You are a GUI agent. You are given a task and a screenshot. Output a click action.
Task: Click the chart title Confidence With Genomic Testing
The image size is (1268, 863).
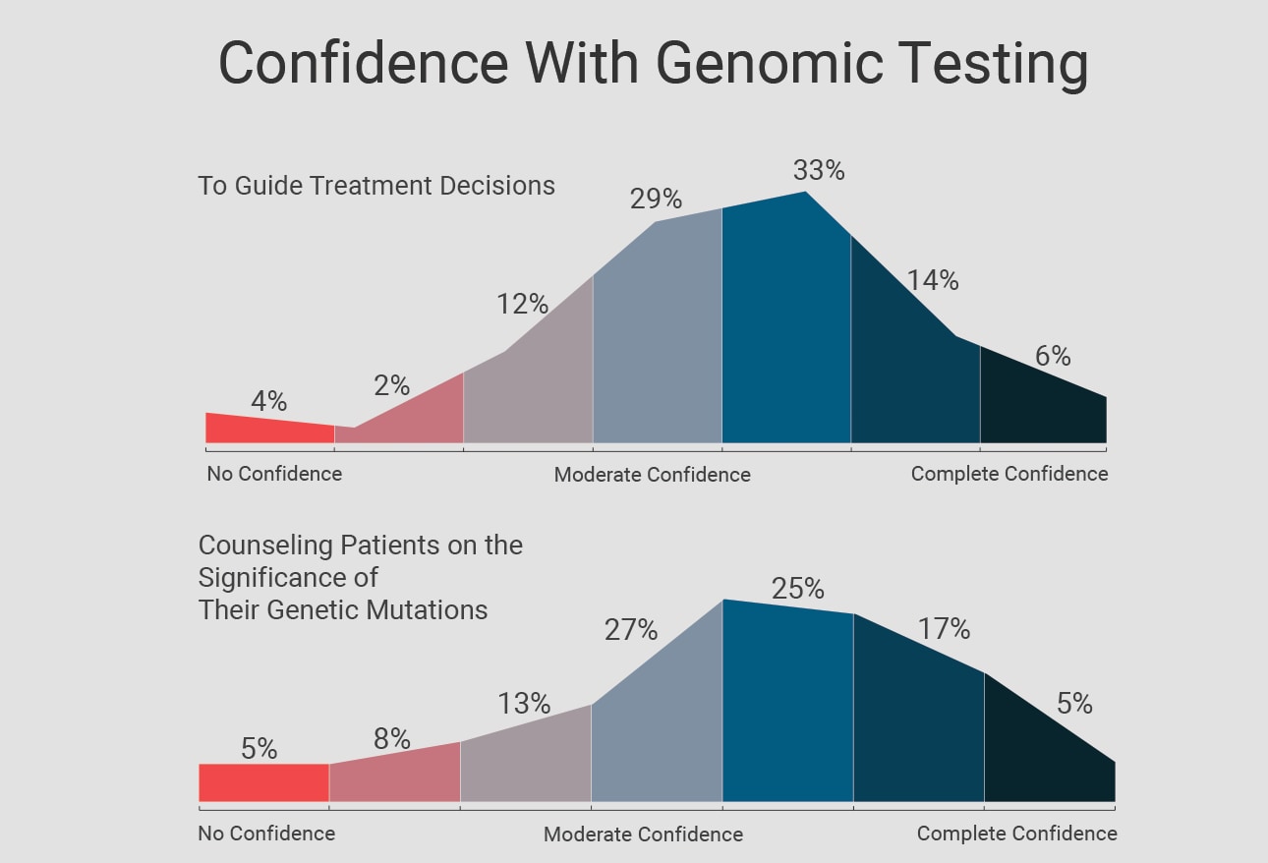653,64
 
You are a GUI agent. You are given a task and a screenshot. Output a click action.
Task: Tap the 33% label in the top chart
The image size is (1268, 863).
819,171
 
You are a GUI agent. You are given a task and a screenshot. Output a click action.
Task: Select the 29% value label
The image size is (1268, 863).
656,200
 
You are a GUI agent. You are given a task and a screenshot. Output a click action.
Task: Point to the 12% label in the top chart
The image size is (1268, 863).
522,304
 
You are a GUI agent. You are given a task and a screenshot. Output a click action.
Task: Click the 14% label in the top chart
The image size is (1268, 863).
932,280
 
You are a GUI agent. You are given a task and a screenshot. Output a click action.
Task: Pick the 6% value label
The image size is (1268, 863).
1053,356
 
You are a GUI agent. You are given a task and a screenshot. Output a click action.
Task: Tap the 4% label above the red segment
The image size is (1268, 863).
268,401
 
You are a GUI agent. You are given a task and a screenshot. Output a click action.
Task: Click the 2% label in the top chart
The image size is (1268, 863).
391,386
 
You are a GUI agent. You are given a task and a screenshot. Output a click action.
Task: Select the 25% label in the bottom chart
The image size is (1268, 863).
797,589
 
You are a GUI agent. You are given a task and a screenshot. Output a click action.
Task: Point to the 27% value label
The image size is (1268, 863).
630,630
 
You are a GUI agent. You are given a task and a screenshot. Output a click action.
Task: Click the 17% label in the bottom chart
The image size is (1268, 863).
944,629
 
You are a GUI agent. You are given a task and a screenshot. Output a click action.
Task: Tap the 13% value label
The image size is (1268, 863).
524,704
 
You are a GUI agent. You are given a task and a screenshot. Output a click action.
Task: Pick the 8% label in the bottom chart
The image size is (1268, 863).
391,739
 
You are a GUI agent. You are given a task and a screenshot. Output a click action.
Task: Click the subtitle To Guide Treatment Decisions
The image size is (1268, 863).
376,186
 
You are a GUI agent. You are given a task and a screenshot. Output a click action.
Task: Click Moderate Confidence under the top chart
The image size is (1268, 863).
652,475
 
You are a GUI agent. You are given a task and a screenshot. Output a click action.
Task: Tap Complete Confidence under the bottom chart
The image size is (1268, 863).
1016,834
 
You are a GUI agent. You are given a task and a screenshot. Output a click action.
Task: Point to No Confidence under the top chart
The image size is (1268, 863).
274,474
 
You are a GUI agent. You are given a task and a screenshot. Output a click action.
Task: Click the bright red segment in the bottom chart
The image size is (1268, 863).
263,782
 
